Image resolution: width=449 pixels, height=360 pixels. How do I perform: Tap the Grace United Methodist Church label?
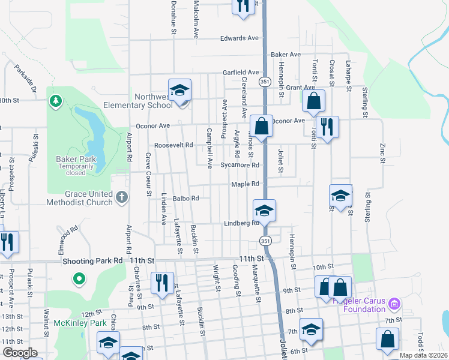tap(80, 198)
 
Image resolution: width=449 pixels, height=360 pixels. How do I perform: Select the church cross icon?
tap(121, 196)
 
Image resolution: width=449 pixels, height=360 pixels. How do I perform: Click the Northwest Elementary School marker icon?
tap(179, 91)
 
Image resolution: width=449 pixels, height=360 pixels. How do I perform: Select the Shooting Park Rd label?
tap(92, 261)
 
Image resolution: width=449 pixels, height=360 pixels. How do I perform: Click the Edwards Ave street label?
tap(239, 38)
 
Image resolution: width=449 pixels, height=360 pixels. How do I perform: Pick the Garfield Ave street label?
tap(240, 72)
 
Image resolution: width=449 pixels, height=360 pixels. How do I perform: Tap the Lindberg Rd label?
tap(241, 223)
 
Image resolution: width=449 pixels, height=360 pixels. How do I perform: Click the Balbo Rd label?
tap(185, 197)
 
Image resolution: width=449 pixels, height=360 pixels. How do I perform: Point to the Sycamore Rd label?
tap(240, 165)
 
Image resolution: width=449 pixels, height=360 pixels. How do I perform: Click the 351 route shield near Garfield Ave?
tap(265, 80)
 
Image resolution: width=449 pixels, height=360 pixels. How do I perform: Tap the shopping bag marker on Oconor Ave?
tap(261, 127)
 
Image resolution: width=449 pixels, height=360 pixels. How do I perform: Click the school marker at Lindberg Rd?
tap(264, 211)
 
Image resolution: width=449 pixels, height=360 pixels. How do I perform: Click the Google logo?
tap(20, 353)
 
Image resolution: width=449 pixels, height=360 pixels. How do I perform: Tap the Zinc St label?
tap(382, 152)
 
